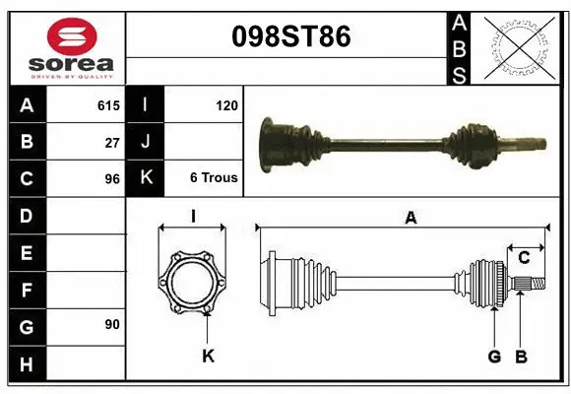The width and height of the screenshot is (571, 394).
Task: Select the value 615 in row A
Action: tap(108, 104)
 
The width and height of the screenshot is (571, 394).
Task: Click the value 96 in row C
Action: tap(112, 179)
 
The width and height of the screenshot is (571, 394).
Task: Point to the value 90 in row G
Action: tap(112, 324)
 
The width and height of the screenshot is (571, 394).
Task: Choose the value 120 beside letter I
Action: tap(225, 104)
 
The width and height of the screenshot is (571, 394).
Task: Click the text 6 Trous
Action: tap(214, 178)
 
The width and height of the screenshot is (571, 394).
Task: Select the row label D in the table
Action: tap(26, 216)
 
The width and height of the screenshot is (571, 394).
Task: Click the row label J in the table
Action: tap(146, 142)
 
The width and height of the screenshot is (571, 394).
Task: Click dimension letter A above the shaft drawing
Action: tap(411, 219)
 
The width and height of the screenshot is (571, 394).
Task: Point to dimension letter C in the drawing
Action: tap(525, 258)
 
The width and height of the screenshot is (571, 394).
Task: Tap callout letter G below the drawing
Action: tap(494, 356)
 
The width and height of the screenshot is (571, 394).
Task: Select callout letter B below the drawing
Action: tap(522, 356)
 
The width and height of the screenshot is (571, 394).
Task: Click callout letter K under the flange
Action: tap(208, 356)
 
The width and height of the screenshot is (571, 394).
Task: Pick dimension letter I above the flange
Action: tap(193, 215)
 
